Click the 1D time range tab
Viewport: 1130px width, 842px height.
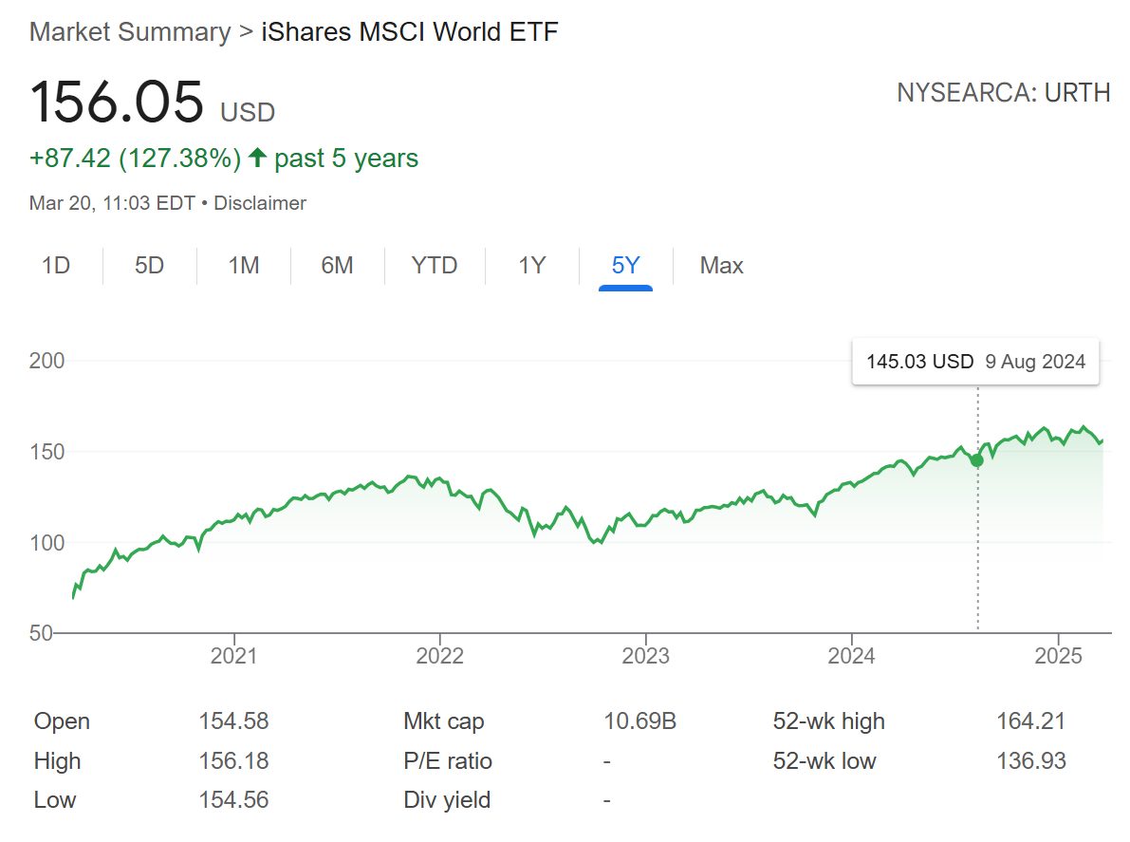click(x=57, y=266)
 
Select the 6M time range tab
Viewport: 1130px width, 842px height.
click(x=337, y=266)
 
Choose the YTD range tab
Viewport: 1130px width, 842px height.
click(x=435, y=266)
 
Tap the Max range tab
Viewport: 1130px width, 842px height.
click(x=721, y=266)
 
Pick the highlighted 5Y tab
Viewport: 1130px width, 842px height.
click(x=625, y=266)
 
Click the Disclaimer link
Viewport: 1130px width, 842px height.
click(x=260, y=203)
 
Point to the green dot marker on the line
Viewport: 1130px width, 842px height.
click(x=977, y=460)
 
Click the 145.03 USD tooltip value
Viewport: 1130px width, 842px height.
click(x=919, y=362)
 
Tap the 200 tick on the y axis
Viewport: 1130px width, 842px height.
click(x=47, y=361)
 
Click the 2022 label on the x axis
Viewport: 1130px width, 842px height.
click(x=439, y=656)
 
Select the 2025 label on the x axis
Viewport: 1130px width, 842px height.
click(x=1058, y=656)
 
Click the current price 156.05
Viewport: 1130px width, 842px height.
click(x=117, y=103)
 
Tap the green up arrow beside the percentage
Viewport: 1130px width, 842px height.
click(x=257, y=159)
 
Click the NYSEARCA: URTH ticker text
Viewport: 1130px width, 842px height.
click(x=1003, y=93)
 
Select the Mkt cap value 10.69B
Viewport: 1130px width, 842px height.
click(x=639, y=721)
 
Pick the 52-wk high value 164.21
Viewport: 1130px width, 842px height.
click(x=1030, y=721)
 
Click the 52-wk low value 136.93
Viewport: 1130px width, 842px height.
click(x=1030, y=761)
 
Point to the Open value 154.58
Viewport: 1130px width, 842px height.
click(x=233, y=721)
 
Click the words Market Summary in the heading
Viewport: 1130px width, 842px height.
click(x=130, y=32)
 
